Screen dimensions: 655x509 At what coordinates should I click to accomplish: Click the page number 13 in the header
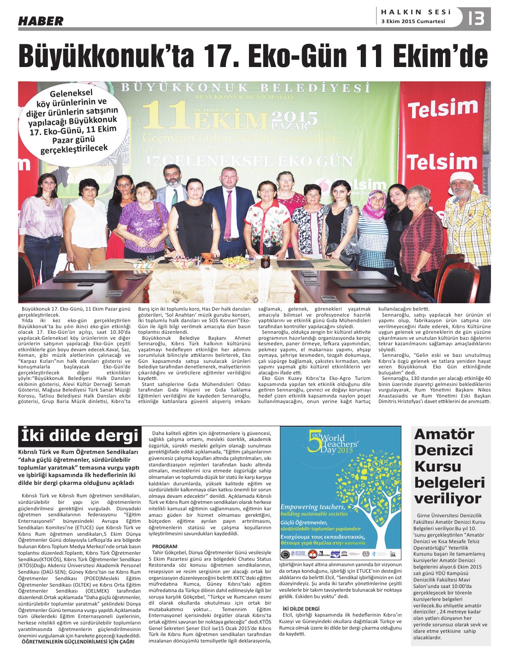point(476,19)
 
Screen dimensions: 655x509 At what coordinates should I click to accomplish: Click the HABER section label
point(41,21)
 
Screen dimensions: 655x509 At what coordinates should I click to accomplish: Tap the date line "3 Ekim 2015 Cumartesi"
point(413,22)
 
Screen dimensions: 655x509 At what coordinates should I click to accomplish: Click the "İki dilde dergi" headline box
point(79,436)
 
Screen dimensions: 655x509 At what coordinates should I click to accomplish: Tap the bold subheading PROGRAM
point(164,546)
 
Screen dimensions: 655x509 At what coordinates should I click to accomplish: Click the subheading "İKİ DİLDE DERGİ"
point(301,608)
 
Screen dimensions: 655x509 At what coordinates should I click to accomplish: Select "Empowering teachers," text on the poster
point(313,507)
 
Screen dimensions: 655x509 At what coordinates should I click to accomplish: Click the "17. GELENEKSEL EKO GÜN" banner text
point(249,161)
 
